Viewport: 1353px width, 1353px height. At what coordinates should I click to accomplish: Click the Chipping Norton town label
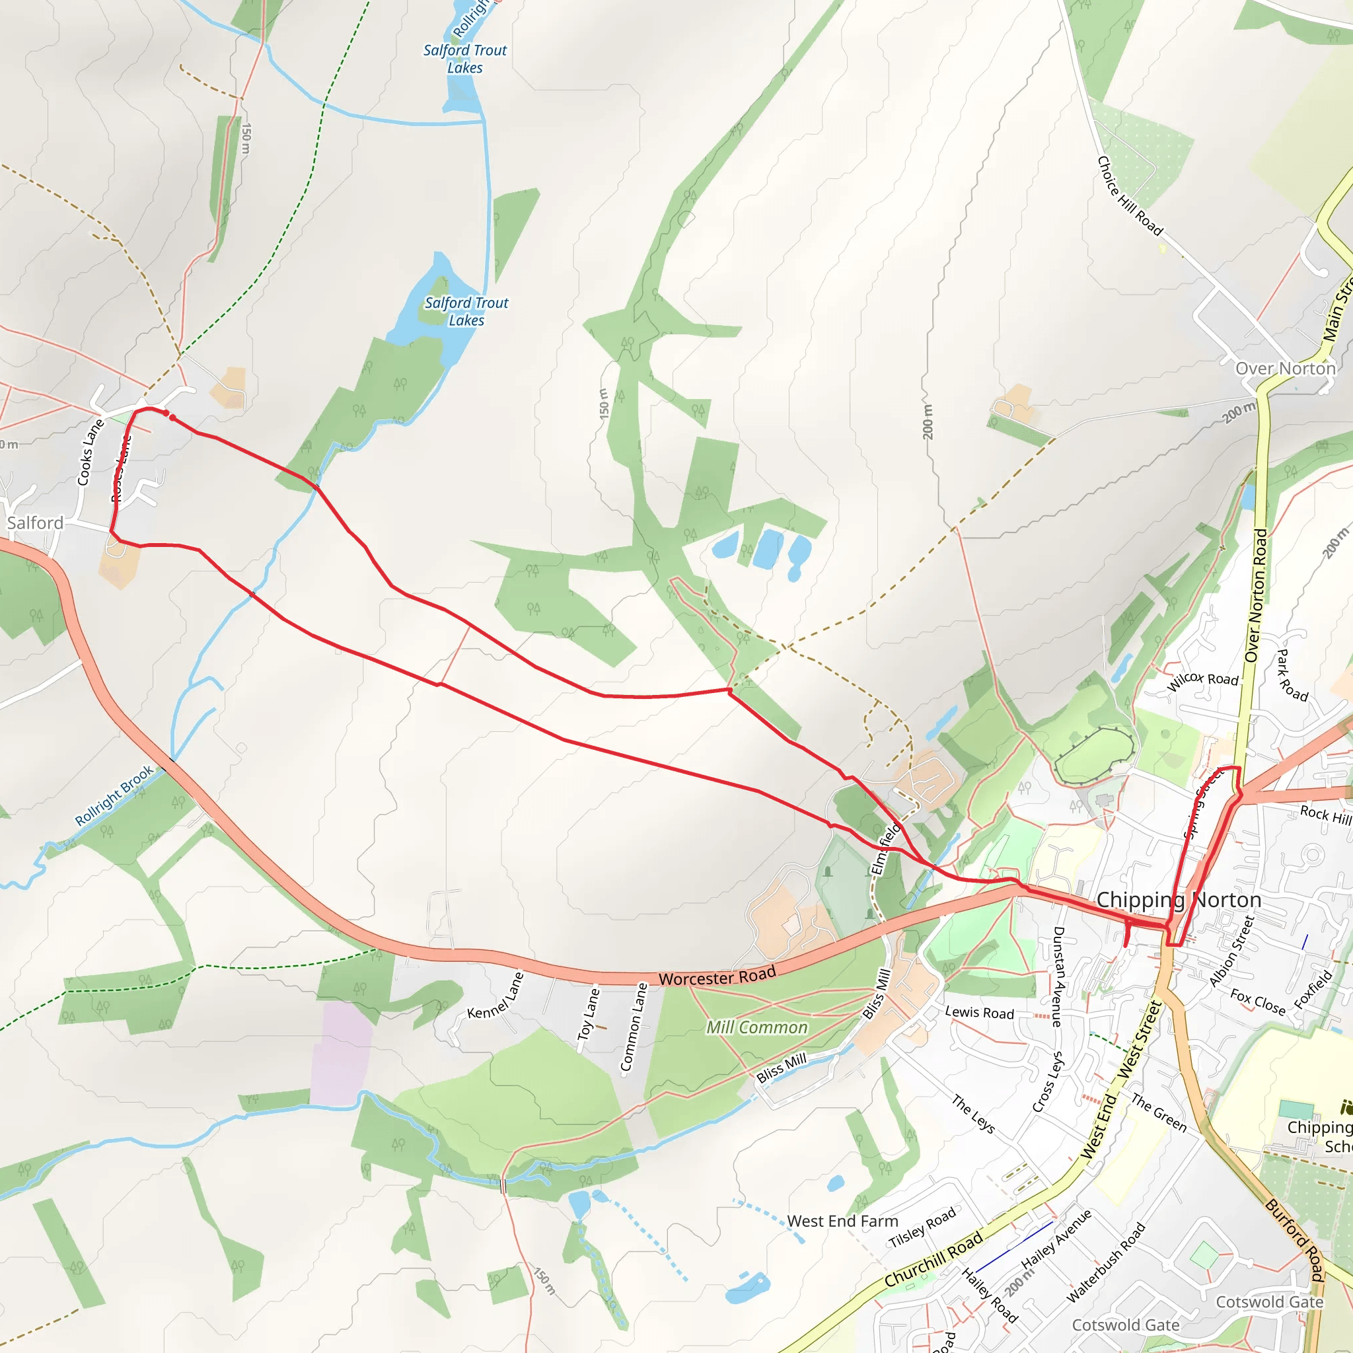coord(1179,900)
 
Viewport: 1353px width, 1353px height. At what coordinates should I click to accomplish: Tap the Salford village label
coord(35,523)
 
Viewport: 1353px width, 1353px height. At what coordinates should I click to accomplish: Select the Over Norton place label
coord(1285,369)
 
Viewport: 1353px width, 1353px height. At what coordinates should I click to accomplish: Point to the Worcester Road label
coord(717,976)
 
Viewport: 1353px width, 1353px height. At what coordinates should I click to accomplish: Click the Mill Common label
coord(756,1027)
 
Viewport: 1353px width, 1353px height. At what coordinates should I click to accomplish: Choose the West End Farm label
coord(842,1222)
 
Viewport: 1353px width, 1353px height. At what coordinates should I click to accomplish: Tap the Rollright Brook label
coord(114,795)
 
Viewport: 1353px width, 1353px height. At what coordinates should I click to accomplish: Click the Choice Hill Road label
coord(1129,196)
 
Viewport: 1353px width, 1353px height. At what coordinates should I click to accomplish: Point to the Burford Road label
coord(1295,1239)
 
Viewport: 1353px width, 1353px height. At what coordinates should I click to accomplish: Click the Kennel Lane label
coord(496,996)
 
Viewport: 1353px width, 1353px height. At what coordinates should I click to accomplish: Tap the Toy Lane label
coord(588,1013)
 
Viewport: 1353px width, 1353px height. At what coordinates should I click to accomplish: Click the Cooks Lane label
coord(91,453)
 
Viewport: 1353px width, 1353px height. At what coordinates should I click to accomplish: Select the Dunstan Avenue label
coord(1058,976)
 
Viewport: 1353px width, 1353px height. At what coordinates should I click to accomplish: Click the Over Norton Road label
coord(1257,596)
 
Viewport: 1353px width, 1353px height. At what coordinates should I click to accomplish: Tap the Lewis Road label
coord(979,1013)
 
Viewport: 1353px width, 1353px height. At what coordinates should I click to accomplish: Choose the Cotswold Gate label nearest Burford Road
coord(1269,1302)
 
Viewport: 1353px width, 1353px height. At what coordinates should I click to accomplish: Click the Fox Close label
coord(1258,1002)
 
